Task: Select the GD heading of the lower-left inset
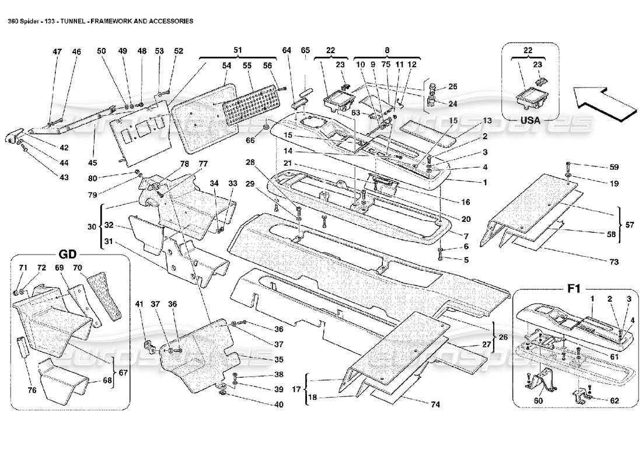[69, 256]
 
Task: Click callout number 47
[57, 52]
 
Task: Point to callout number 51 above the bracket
[237, 51]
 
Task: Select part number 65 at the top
[306, 51]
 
